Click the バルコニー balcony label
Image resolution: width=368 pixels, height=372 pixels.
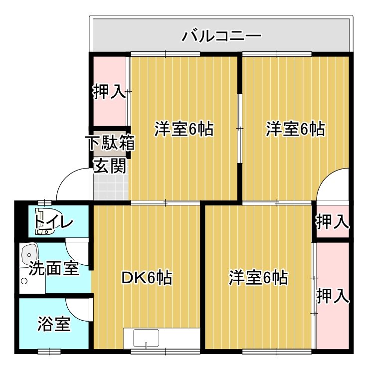(221, 36)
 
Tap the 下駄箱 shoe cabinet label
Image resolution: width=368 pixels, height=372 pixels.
(111, 144)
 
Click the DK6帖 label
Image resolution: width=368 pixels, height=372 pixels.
(147, 277)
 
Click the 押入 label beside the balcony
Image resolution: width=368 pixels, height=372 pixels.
(109, 92)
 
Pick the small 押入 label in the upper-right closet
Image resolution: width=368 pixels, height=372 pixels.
(332, 221)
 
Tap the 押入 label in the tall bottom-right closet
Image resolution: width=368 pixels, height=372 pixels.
(332, 295)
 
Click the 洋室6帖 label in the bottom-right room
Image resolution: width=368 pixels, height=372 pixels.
(258, 277)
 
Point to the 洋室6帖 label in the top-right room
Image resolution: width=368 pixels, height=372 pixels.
(295, 129)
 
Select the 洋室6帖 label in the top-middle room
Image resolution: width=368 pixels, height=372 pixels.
(184, 129)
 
